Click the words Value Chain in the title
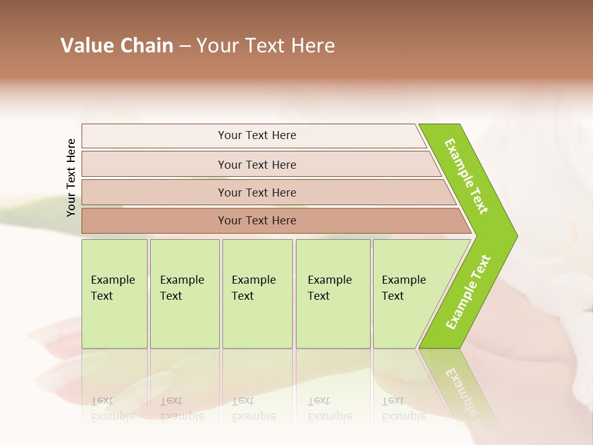click(117, 46)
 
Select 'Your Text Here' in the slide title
click(266, 46)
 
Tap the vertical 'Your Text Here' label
click(71, 177)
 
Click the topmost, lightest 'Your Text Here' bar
click(257, 135)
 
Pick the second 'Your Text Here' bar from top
click(257, 164)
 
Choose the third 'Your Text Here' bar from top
click(257, 192)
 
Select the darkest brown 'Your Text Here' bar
click(257, 221)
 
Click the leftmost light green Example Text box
click(114, 294)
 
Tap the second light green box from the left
click(184, 294)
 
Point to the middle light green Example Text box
click(257, 294)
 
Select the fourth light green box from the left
click(333, 294)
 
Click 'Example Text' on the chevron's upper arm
click(466, 176)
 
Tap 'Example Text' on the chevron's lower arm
click(468, 292)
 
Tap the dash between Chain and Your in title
click(185, 46)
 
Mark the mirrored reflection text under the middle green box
click(253, 409)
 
